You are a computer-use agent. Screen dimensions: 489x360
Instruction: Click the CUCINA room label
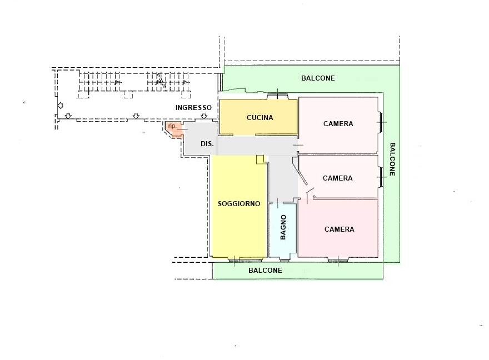coord(260,118)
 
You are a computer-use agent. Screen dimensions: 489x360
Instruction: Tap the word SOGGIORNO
coord(239,204)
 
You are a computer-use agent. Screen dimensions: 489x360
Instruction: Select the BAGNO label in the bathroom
coord(283,227)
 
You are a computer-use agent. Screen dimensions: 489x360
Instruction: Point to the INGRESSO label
coord(193,108)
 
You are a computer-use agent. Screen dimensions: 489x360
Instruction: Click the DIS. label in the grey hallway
coord(207,144)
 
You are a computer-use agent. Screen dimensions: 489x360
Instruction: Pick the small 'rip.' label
coord(172,126)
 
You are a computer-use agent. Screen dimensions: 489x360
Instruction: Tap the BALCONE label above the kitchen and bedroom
coord(318,78)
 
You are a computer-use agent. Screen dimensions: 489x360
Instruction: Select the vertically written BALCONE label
coord(393,159)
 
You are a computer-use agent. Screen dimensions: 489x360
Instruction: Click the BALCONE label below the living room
coord(266,270)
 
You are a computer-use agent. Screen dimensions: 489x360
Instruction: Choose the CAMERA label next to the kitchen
coord(338,124)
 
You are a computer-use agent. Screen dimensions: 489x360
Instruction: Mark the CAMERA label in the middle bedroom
coord(338,178)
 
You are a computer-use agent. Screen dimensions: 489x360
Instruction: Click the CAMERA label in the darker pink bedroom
coord(340,229)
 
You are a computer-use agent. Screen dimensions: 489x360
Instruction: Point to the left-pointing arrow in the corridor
coord(61,106)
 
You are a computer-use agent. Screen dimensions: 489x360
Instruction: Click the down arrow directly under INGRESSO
coord(204,116)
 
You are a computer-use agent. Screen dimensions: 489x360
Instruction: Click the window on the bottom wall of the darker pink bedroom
coord(338,259)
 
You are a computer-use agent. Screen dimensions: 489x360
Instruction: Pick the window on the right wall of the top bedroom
coord(381,122)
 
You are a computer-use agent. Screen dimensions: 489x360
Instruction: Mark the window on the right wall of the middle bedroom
coord(381,177)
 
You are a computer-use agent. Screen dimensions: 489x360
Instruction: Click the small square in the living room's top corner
coord(260,159)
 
